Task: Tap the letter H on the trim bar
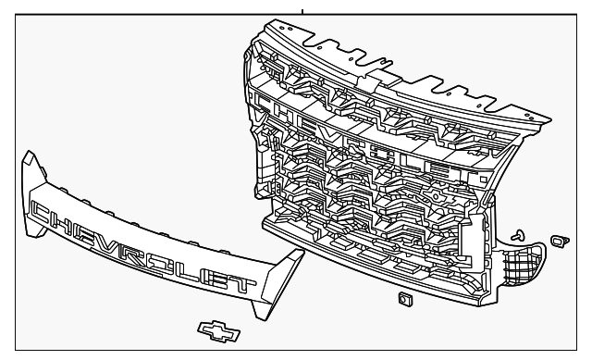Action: point(69,220)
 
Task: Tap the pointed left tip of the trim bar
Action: point(28,160)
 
